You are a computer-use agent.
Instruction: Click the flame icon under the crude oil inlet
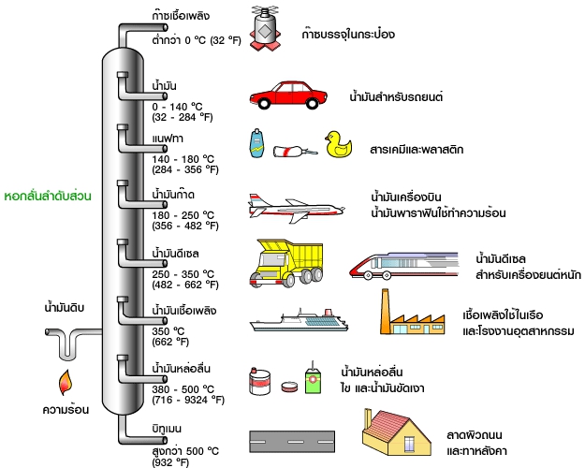66,381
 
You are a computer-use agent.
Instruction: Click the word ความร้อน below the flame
64,409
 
